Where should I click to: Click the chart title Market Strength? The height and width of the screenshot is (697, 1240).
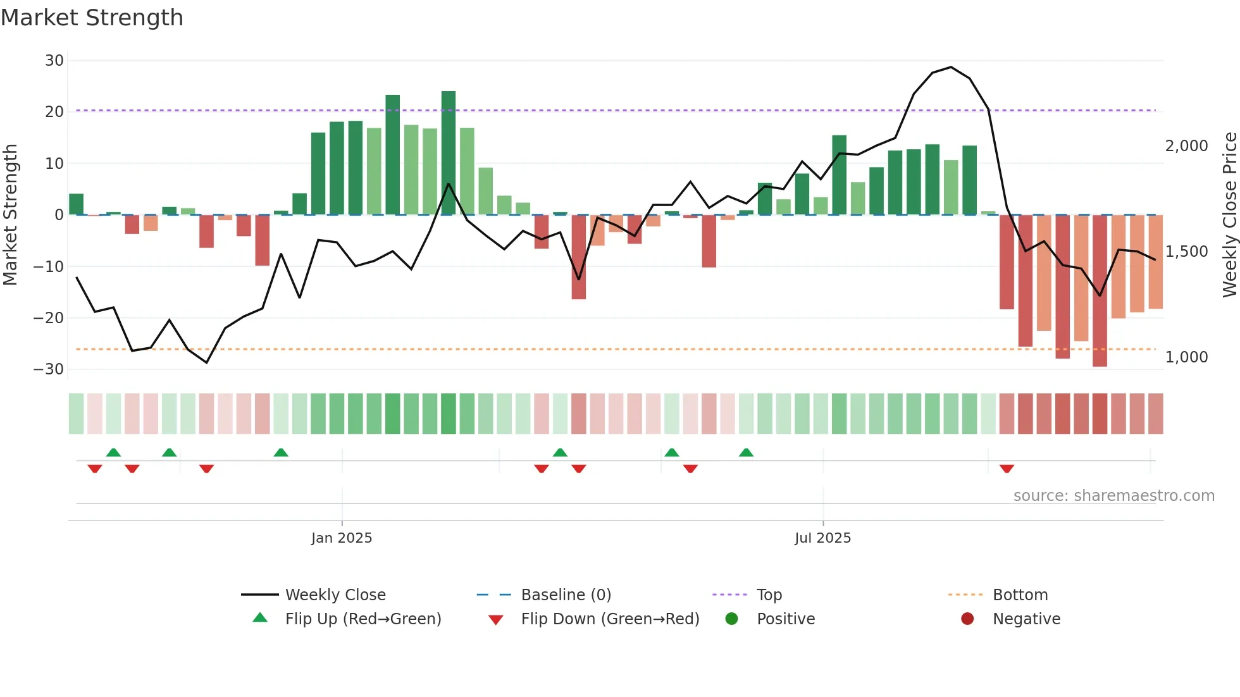click(x=92, y=18)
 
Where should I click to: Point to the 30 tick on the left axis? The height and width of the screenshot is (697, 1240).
click(x=54, y=61)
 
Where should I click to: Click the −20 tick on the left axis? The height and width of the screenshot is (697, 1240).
click(x=49, y=318)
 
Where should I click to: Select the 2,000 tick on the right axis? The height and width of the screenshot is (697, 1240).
click(x=1186, y=146)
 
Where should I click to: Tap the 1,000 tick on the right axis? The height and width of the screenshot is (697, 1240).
click(x=1186, y=357)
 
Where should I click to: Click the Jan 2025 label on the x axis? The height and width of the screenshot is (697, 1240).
click(x=342, y=538)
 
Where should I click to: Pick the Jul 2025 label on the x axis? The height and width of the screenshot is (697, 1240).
click(x=822, y=538)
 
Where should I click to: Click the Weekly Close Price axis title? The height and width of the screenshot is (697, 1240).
click(x=1229, y=215)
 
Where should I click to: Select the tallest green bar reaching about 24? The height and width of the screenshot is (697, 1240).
click(x=449, y=152)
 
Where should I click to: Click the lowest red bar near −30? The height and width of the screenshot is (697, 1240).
click(x=1100, y=291)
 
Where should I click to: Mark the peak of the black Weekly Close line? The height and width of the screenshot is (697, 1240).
click(x=951, y=67)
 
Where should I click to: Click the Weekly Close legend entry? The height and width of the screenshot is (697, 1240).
click(x=335, y=595)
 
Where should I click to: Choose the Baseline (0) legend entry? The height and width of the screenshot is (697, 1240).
click(x=566, y=595)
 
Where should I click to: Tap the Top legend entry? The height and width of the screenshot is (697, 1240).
click(x=769, y=595)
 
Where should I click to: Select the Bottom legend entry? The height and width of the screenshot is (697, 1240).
click(x=1020, y=595)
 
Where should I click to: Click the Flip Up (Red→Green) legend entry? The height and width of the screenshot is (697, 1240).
click(x=363, y=619)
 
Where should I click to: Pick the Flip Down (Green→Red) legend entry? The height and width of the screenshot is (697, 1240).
click(x=610, y=619)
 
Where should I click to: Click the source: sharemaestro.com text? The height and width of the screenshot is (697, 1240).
click(x=1113, y=496)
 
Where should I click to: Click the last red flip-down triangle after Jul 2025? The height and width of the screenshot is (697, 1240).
click(x=1007, y=469)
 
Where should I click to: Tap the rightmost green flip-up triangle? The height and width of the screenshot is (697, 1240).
click(x=746, y=452)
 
